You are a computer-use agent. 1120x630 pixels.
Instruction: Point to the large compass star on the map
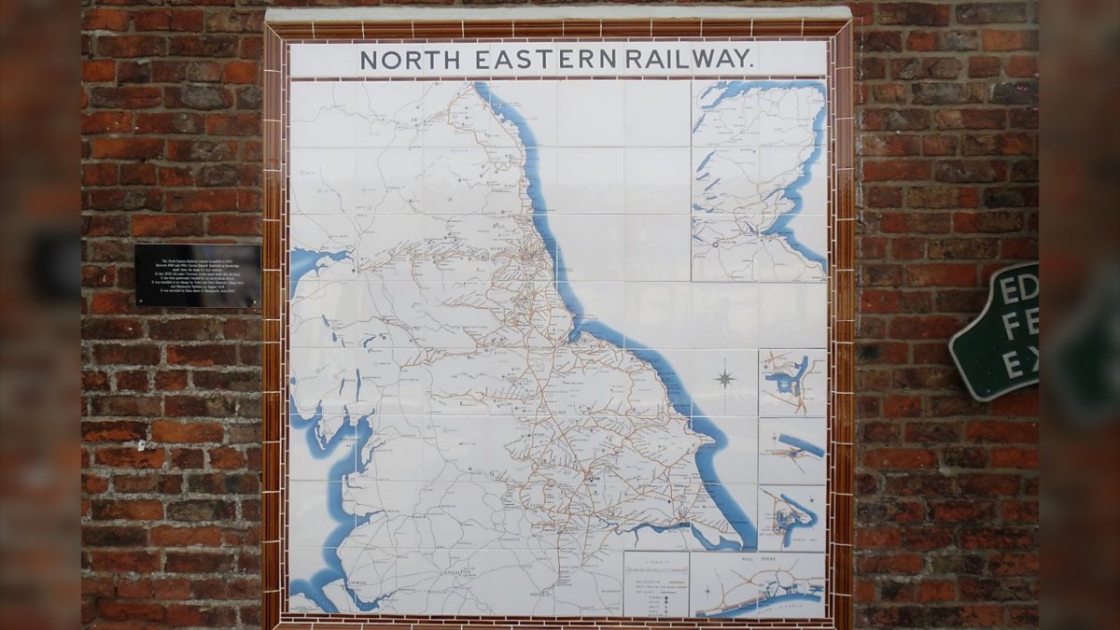point(724,378)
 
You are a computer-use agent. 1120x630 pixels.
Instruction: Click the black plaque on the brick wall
point(197,275)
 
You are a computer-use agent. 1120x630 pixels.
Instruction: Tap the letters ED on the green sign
point(1018,289)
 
